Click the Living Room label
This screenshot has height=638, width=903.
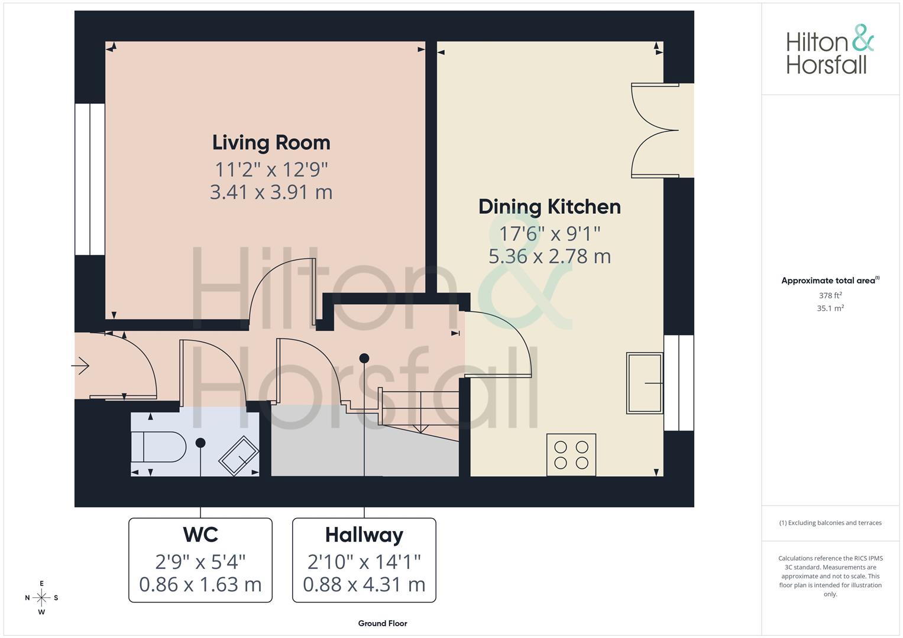pos(271,142)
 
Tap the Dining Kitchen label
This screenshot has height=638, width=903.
pos(549,207)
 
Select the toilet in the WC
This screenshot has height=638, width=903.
pos(158,447)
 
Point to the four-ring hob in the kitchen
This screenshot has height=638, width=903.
pos(571,455)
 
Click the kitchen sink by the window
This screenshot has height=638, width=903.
pos(645,383)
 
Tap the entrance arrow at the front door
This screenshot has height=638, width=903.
pos(80,366)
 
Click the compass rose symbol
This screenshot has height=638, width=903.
pos(41,598)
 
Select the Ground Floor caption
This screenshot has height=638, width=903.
pos(383,623)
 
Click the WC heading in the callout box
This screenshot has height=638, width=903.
pos(200,535)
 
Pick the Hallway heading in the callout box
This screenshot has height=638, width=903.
pos(364,535)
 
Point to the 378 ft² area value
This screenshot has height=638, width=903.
pos(830,295)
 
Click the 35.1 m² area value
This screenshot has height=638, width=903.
pos(830,308)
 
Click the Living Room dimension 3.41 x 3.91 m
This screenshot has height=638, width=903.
pos(271,192)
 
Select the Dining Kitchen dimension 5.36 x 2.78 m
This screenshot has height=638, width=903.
pos(549,256)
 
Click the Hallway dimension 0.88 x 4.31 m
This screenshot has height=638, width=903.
pos(364,584)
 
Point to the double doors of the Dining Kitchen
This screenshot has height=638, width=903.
pos(655,130)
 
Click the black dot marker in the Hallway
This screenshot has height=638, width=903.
pos(364,358)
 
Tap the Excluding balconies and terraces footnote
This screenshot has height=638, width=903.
pos(830,523)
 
